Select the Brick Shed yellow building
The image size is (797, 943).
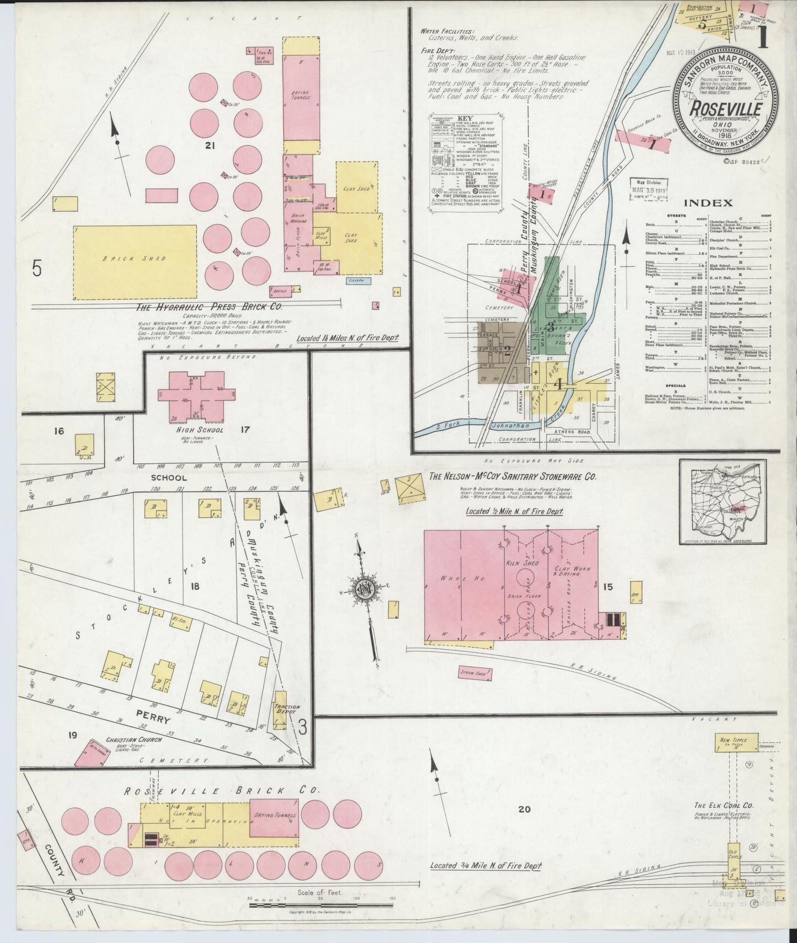coord(135,262)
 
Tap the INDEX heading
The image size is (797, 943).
coord(717,203)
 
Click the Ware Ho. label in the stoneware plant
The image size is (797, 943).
coord(453,578)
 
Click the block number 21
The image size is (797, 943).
coord(208,146)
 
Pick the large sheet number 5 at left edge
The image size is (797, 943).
coord(37,268)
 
